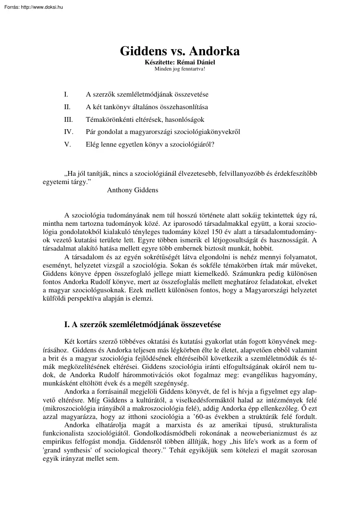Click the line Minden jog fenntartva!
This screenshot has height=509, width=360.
pyautogui.click(x=180, y=68)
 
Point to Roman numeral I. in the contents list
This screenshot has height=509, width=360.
pyautogui.click(x=66, y=94)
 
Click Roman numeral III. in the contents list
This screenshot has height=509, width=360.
pyautogui.click(x=68, y=119)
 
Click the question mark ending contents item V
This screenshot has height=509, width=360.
pyautogui.click(x=213, y=144)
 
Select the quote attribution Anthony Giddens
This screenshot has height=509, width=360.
pyautogui.click(x=132, y=190)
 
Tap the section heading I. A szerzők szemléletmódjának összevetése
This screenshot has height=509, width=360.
pyautogui.click(x=142, y=324)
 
